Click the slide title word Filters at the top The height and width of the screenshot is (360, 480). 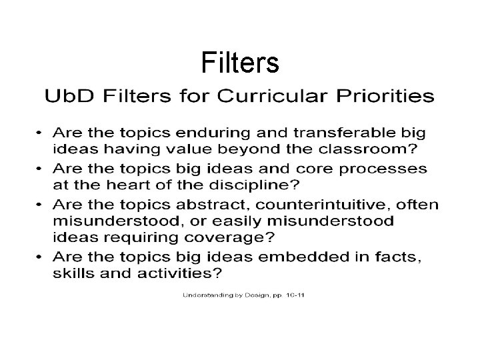[x=239, y=63]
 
